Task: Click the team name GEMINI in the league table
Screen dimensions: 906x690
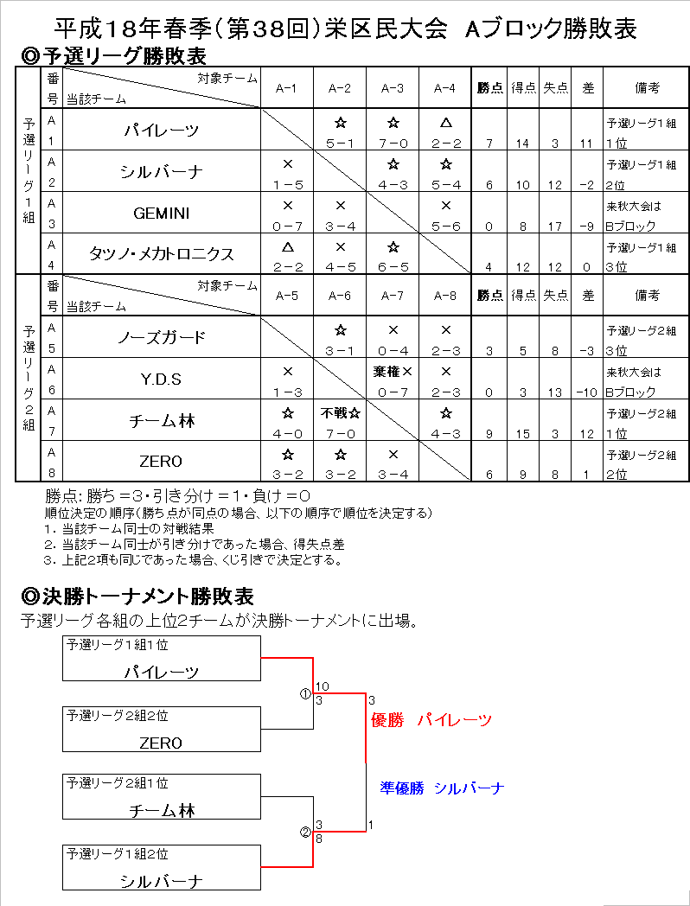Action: pos(162,213)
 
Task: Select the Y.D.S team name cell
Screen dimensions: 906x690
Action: pos(162,379)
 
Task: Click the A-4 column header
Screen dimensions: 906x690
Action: pos(444,88)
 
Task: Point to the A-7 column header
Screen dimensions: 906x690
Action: pos(393,296)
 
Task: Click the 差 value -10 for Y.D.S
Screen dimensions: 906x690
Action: pos(588,392)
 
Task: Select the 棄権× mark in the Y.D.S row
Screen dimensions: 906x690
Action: pos(393,371)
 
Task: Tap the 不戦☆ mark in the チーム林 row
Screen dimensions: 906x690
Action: pos(340,412)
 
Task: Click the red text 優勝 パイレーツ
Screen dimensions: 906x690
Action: pos(431,719)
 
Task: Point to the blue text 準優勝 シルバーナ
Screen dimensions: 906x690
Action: pos(441,788)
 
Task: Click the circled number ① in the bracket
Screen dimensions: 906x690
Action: pos(304,693)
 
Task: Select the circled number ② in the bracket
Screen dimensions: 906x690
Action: pos(304,832)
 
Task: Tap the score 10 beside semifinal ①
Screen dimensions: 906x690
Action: pos(322,686)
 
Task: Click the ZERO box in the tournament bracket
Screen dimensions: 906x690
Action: pos(162,730)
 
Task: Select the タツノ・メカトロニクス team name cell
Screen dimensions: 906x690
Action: pos(162,254)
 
